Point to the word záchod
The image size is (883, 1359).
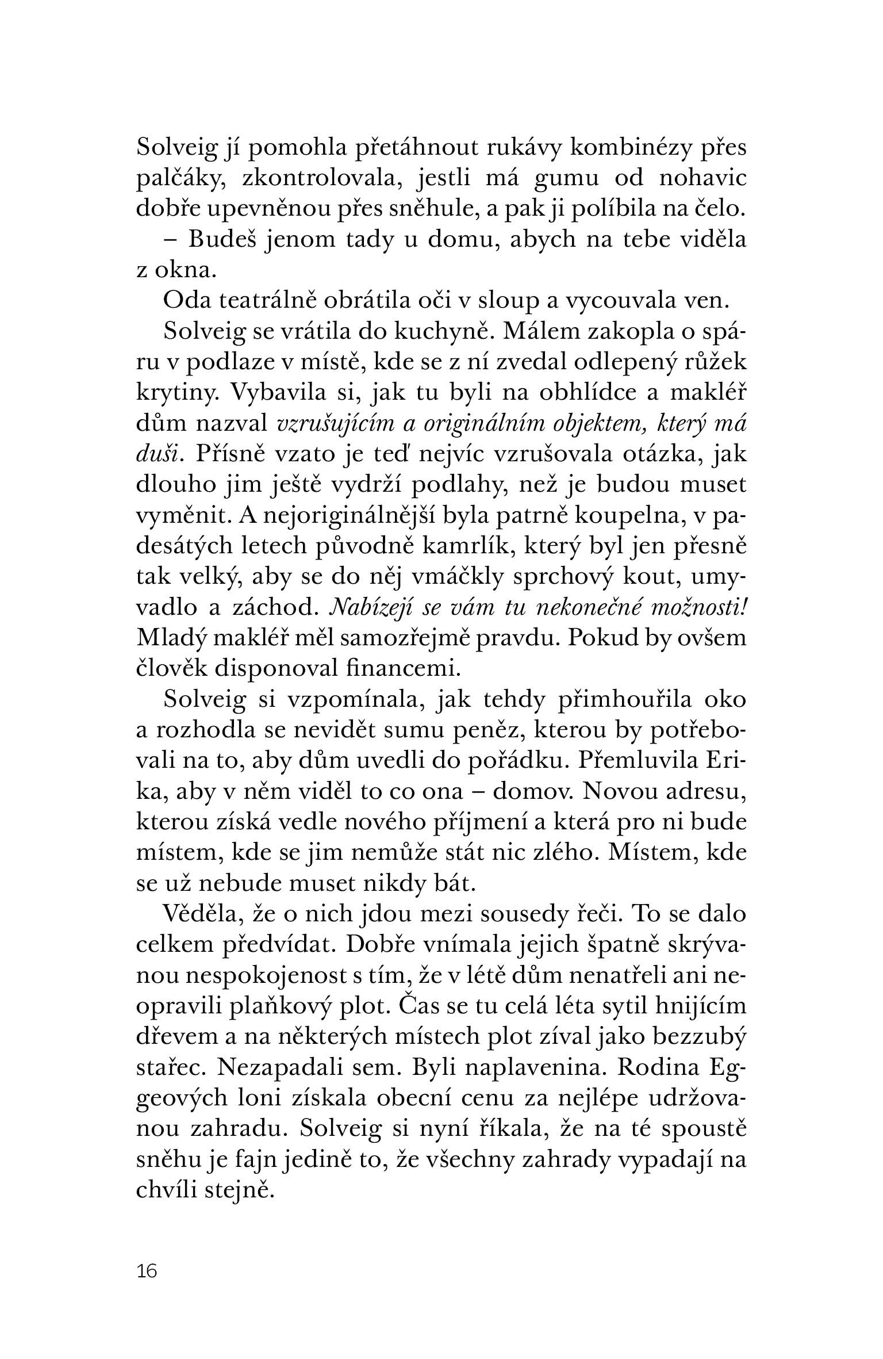[x=273, y=608]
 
